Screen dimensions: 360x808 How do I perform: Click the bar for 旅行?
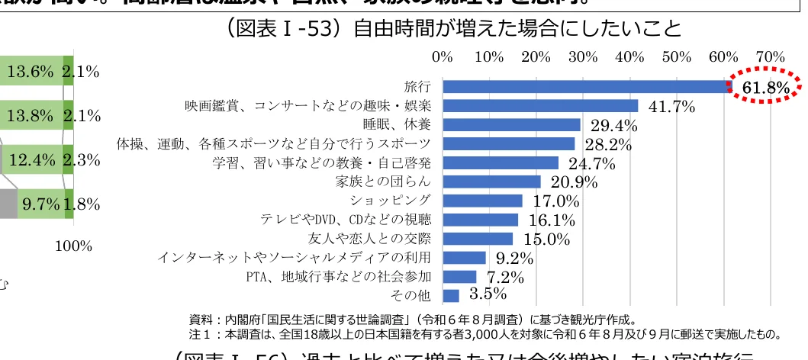[586, 87]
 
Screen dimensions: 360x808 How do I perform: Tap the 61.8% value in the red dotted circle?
[765, 89]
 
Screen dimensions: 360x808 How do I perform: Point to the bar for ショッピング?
[482, 201]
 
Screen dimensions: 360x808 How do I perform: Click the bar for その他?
[451, 295]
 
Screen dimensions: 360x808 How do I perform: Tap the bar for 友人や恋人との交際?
[478, 239]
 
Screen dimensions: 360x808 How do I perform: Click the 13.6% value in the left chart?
[30, 72]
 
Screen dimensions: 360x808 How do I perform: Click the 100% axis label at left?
[75, 246]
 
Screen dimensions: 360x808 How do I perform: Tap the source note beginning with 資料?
[413, 319]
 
